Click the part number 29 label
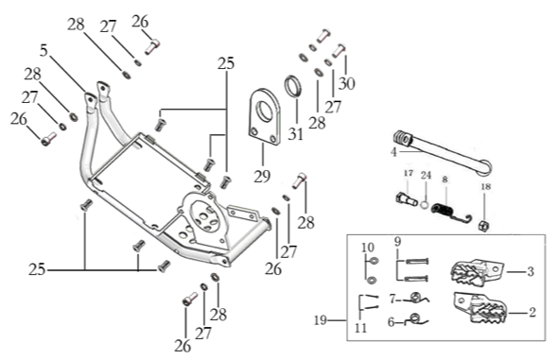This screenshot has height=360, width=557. coord(262,177)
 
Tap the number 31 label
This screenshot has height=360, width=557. coord(296,134)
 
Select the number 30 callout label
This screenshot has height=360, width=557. coord(347,84)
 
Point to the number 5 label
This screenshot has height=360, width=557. coord(44,50)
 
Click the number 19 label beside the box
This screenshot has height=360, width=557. coord(320,320)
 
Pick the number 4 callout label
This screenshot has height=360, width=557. coord(393,152)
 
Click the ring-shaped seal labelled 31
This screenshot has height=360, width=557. coord(293,86)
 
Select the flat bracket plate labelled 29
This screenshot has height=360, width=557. coord(264,116)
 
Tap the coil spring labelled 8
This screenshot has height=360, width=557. coord(449,213)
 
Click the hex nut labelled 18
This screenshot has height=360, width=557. coord(483,225)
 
